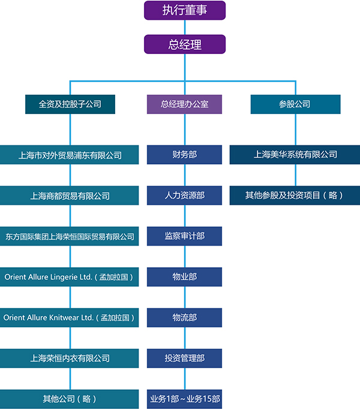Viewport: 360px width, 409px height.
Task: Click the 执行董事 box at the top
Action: pyautogui.click(x=185, y=10)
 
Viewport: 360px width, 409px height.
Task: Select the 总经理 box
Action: pyautogui.click(x=185, y=44)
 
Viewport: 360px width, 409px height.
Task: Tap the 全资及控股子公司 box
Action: pyautogui.click(x=70, y=104)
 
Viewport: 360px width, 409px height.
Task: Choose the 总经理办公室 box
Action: pyautogui.click(x=185, y=104)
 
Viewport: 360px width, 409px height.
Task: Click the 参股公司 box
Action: pyautogui.click(x=295, y=104)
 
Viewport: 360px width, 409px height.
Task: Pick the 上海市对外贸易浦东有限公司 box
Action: pyautogui.click(x=70, y=155)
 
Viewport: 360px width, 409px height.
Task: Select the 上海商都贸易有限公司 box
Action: pyautogui.click(x=70, y=196)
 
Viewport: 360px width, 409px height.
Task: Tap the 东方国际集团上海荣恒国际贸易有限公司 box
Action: pyautogui.click(x=70, y=237)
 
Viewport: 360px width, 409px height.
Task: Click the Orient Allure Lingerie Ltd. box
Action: pyautogui.click(x=70, y=277)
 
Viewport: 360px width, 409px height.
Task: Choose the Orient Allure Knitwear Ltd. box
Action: pyautogui.click(x=70, y=318)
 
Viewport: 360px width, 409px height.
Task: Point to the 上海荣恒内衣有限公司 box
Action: pyautogui.click(x=70, y=359)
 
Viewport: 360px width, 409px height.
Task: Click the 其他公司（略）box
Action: pyautogui.click(x=70, y=399)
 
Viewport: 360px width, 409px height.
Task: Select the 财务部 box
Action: pyautogui.click(x=185, y=155)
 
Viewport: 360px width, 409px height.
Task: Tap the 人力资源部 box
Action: pyautogui.click(x=185, y=196)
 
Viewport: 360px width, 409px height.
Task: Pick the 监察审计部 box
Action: pyautogui.click(x=185, y=237)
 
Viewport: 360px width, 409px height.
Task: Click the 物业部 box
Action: pyautogui.click(x=185, y=277)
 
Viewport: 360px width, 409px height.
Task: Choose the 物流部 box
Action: pyautogui.click(x=185, y=318)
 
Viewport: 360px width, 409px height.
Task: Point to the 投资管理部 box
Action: pyautogui.click(x=185, y=359)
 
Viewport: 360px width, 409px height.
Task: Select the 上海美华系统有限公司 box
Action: pyautogui.click(x=295, y=155)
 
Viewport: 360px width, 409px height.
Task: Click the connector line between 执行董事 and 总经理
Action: pyautogui.click(x=185, y=27)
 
